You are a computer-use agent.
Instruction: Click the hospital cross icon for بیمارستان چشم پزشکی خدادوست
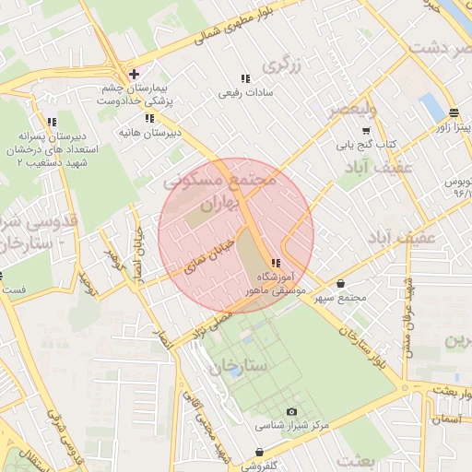point(135,73)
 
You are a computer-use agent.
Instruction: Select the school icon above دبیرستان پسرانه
point(52,121)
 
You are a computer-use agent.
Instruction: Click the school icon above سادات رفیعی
point(244,78)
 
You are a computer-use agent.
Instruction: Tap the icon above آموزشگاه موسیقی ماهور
point(276,264)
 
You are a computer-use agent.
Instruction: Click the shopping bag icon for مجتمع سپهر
point(342,284)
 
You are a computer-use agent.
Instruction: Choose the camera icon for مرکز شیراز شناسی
point(292,411)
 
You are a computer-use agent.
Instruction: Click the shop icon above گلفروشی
point(260,452)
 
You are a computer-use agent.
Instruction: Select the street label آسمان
point(447,419)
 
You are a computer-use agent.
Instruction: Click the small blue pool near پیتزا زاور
point(431,107)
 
